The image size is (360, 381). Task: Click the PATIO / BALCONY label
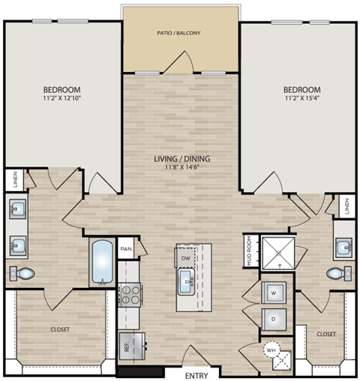tap(178, 33)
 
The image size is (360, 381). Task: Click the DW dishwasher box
tap(185, 257)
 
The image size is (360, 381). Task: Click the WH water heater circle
tap(271, 349)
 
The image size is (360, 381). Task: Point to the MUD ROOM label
tap(248, 250)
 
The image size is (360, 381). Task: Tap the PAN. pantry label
tap(127, 248)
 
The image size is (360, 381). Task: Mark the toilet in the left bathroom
tap(22, 273)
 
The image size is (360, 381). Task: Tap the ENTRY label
tap(196, 374)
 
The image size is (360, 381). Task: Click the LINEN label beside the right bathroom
tap(346, 206)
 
